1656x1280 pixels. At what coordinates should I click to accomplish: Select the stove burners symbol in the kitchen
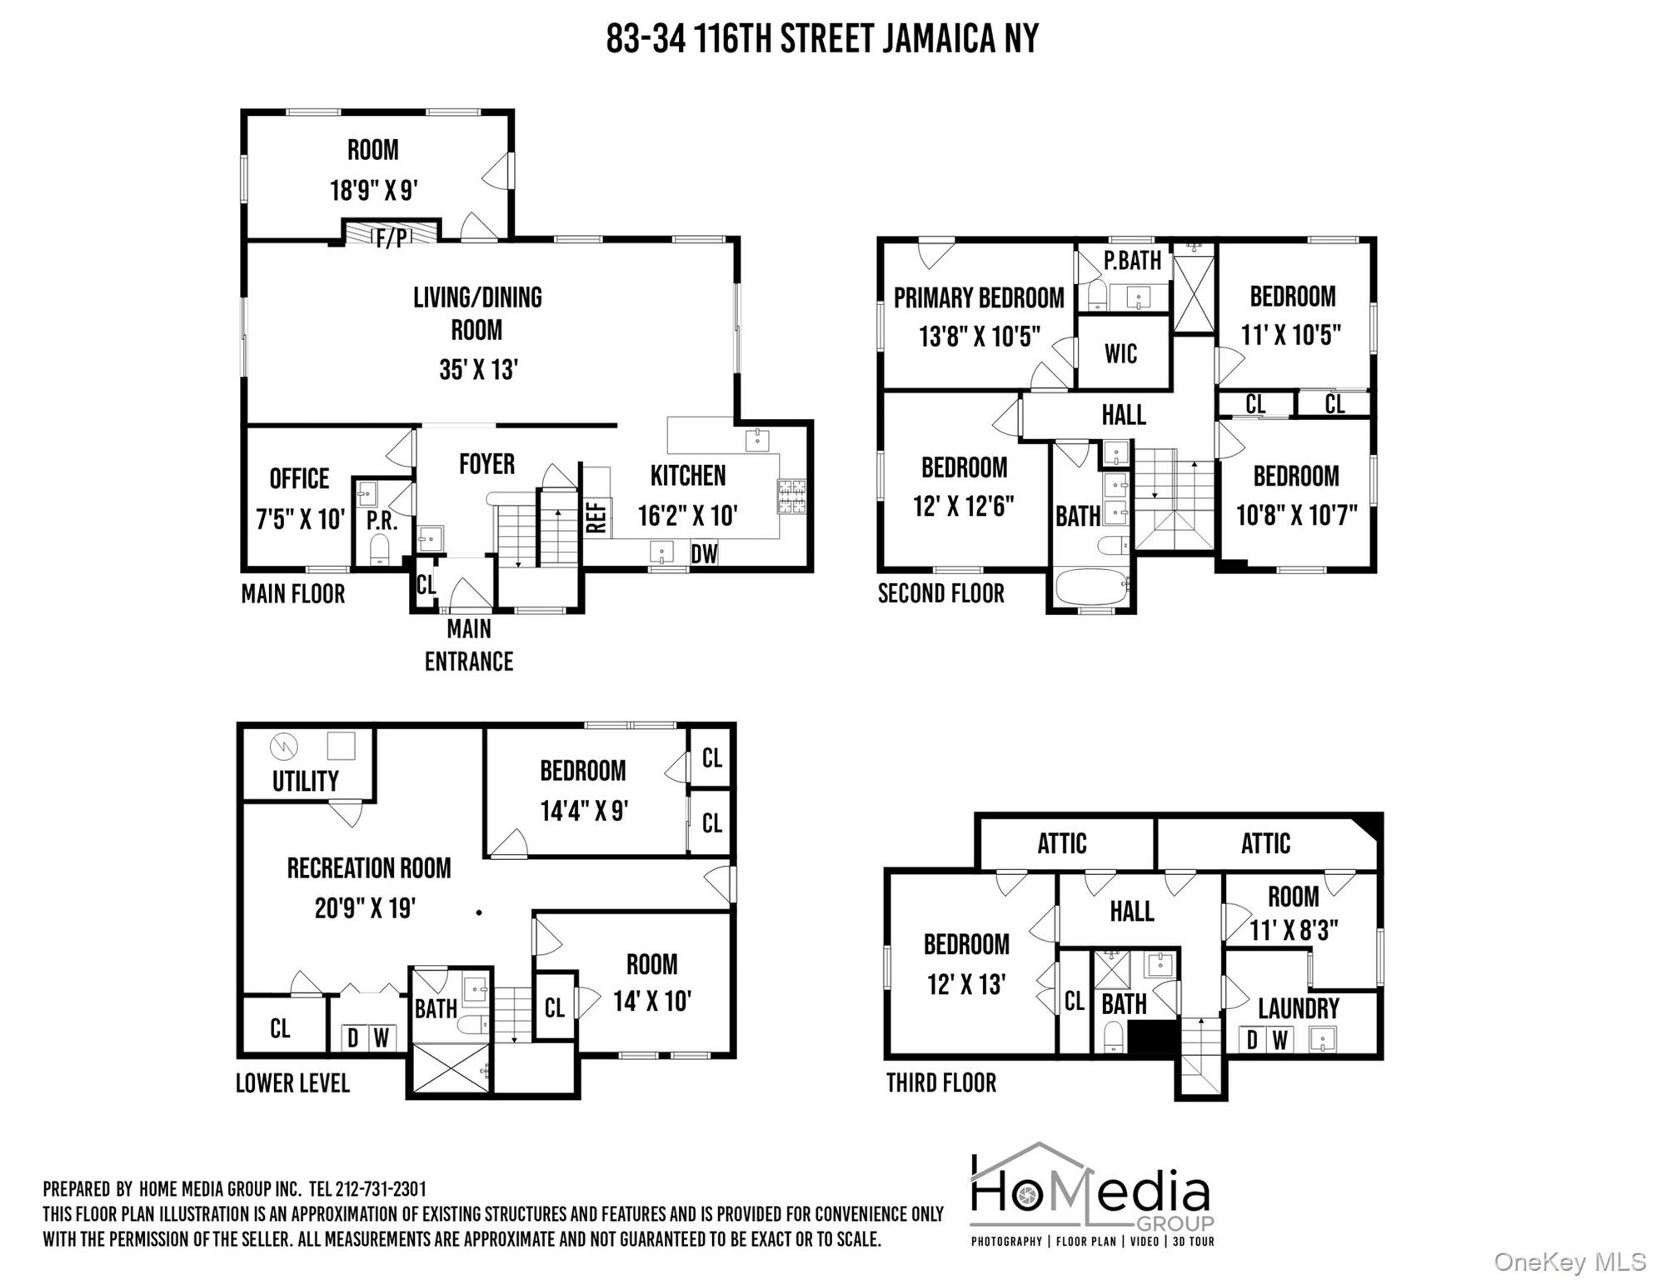(x=791, y=495)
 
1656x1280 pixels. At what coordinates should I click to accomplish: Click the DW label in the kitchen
(x=704, y=553)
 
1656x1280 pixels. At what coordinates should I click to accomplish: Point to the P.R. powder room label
(x=382, y=521)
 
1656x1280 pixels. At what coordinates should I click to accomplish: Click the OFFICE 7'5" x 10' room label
(x=299, y=498)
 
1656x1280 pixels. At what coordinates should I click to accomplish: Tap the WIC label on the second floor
(x=1120, y=353)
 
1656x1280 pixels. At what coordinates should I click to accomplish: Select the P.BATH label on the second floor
(x=1132, y=261)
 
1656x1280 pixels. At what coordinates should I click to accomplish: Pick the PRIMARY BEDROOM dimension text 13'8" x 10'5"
(x=980, y=337)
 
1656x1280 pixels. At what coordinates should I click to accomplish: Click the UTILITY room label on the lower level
(x=305, y=781)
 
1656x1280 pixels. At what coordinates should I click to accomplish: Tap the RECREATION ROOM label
(x=369, y=868)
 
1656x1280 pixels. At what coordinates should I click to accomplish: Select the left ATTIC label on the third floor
(x=1061, y=843)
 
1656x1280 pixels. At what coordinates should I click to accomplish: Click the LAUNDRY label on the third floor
(x=1298, y=1009)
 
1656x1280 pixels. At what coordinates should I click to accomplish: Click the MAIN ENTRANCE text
(x=468, y=645)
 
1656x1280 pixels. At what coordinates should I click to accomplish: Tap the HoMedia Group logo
(x=1092, y=1194)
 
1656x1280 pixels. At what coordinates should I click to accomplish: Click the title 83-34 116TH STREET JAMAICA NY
(x=822, y=39)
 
